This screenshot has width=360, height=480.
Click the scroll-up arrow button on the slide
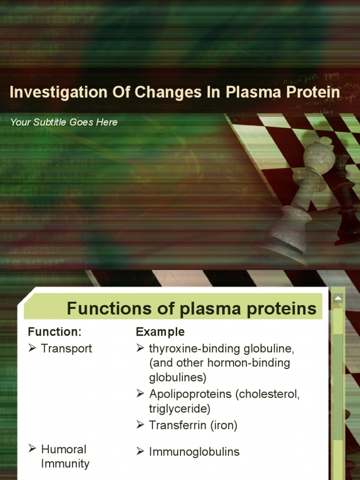point(337,299)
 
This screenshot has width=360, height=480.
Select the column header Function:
point(55,332)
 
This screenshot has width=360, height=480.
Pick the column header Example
point(160,332)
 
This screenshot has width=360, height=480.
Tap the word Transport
point(67,349)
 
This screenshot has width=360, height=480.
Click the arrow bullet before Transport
point(32,348)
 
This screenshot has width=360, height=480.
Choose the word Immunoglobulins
point(194,452)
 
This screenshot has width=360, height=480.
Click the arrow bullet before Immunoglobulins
point(140,451)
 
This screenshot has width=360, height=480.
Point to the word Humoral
point(64,450)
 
